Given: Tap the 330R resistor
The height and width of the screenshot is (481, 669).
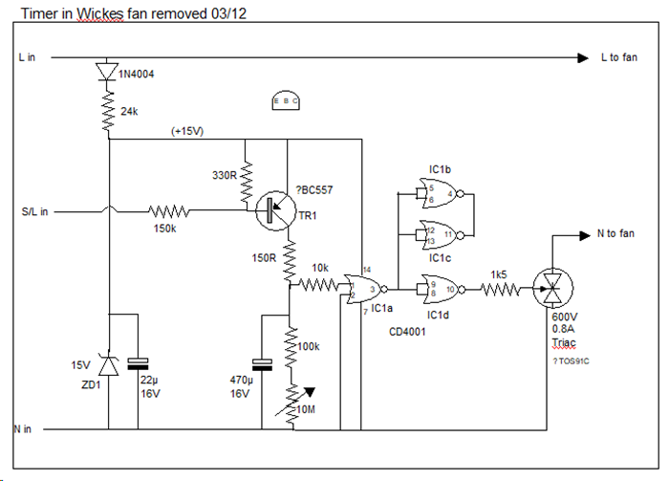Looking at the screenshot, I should [246, 178].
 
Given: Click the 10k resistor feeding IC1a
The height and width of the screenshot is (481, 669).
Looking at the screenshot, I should [322, 284].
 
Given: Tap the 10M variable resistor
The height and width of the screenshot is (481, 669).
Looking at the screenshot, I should [291, 401].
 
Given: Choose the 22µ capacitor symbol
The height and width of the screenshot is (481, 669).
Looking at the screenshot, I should [140, 362].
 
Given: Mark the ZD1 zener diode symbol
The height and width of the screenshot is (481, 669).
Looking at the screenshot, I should [108, 364].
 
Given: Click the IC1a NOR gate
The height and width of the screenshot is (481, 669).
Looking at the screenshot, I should [370, 286].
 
